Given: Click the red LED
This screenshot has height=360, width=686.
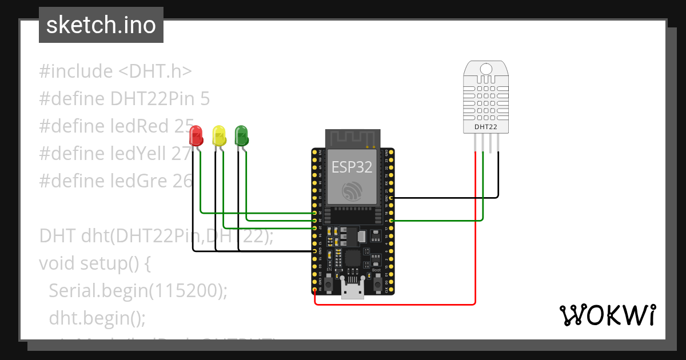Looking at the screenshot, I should tap(196, 135).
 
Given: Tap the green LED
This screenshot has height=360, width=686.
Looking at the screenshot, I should tap(242, 135).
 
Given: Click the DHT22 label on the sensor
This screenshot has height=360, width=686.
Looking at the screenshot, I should tap(485, 126).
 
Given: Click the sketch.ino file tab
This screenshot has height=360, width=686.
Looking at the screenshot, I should tap(101, 25).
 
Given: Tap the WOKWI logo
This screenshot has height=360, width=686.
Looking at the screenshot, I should tap(607, 315).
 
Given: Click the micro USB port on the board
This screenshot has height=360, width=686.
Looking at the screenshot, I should tap(353, 290).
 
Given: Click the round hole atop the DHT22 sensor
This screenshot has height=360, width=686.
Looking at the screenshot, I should tap(485, 69).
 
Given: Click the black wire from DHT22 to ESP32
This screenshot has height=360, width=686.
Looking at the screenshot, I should tap(446, 198).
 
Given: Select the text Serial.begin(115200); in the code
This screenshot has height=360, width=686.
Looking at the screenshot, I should tap(138, 290).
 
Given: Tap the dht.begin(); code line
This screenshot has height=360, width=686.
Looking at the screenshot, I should tap(97, 317).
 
